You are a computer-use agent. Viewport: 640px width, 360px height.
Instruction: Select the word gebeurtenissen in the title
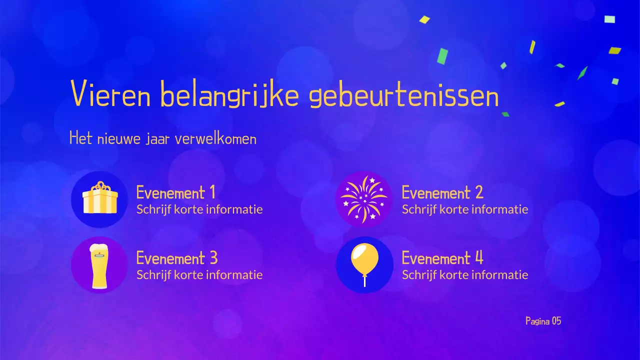404,96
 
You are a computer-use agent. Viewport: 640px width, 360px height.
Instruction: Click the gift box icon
100,199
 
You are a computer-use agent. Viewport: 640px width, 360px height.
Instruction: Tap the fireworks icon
363,199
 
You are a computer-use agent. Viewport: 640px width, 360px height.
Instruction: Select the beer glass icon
99,265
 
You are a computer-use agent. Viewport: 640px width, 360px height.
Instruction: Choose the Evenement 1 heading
176,192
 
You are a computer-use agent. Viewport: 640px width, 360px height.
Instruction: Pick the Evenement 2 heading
442,192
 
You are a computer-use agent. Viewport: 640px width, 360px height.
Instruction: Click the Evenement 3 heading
177,258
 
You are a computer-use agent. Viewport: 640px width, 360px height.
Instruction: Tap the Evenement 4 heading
442,258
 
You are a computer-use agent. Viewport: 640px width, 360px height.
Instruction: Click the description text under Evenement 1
199,209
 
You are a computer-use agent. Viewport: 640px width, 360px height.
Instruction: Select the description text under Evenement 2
465,209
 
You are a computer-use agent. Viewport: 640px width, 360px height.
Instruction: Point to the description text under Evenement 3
199,275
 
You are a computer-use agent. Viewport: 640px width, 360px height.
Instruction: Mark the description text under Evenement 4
465,275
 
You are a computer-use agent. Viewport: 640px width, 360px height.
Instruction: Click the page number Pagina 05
543,321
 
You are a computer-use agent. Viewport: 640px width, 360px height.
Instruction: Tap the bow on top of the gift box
100,186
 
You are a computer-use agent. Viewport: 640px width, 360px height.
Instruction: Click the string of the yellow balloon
364,280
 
